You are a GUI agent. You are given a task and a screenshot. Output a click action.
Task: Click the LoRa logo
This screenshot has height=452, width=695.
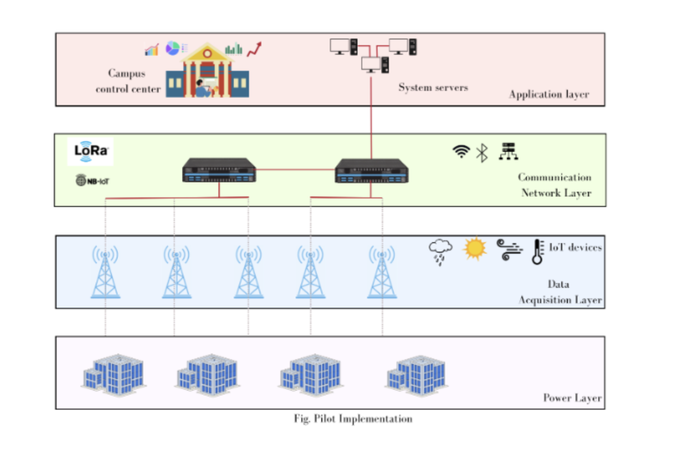(91, 151)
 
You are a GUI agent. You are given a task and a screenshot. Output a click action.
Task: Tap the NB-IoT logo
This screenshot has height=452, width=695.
(92, 181)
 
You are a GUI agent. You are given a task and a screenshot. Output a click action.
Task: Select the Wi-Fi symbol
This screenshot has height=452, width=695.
(461, 151)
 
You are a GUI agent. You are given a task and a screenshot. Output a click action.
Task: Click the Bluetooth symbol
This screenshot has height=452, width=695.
(482, 153)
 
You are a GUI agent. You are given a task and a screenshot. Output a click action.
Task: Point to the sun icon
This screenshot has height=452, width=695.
(475, 248)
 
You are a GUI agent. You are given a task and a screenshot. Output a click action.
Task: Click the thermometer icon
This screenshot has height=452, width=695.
(537, 251)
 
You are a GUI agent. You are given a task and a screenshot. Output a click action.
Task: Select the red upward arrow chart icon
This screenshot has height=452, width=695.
(254, 49)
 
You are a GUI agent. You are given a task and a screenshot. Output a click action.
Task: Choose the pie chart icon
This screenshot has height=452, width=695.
(172, 48)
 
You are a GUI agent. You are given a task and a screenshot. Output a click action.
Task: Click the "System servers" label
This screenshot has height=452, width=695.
(433, 88)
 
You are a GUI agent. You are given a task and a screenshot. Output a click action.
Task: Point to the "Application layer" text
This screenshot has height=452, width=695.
(549, 94)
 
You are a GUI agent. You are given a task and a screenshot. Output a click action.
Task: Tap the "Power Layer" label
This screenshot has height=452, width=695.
(572, 398)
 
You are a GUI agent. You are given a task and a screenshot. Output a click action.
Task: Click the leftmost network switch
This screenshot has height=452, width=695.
(219, 170)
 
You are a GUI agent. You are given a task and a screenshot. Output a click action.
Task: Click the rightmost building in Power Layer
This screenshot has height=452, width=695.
(417, 374)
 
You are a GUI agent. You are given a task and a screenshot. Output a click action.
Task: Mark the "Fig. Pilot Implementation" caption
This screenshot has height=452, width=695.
(353, 419)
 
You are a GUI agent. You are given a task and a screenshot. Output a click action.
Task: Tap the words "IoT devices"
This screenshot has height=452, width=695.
(575, 247)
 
